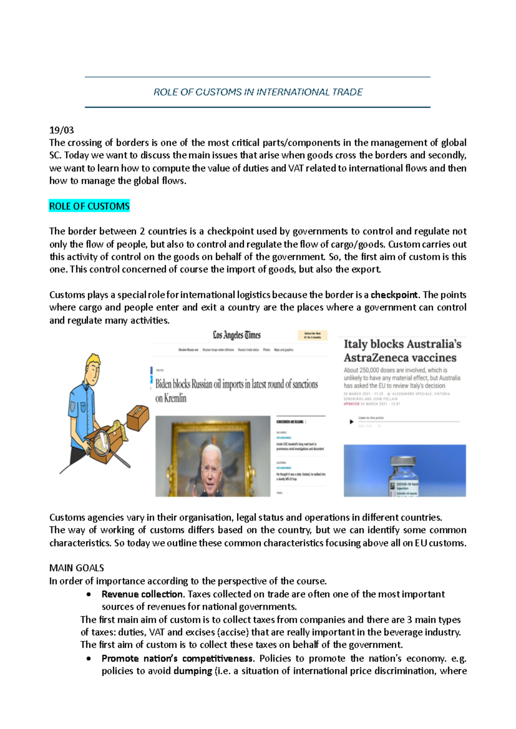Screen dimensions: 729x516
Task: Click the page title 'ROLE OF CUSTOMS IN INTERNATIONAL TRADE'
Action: tap(258, 92)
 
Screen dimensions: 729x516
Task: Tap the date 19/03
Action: tap(61, 130)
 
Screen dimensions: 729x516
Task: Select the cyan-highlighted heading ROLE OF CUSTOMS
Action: tap(89, 206)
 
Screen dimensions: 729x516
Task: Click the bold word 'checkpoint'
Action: tap(394, 295)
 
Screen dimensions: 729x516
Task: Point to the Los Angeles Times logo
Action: tap(236, 335)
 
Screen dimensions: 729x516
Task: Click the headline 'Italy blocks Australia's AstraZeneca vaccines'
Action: tap(402, 351)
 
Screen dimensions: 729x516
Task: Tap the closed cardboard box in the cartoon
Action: tap(138, 417)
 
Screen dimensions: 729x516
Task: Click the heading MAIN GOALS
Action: tap(77, 568)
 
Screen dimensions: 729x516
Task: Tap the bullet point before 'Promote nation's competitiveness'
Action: tap(88, 659)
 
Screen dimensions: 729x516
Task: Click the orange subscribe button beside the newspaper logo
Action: tap(313, 335)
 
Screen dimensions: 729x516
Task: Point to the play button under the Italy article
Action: tap(351, 422)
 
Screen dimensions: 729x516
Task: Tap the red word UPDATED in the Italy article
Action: tap(351, 404)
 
